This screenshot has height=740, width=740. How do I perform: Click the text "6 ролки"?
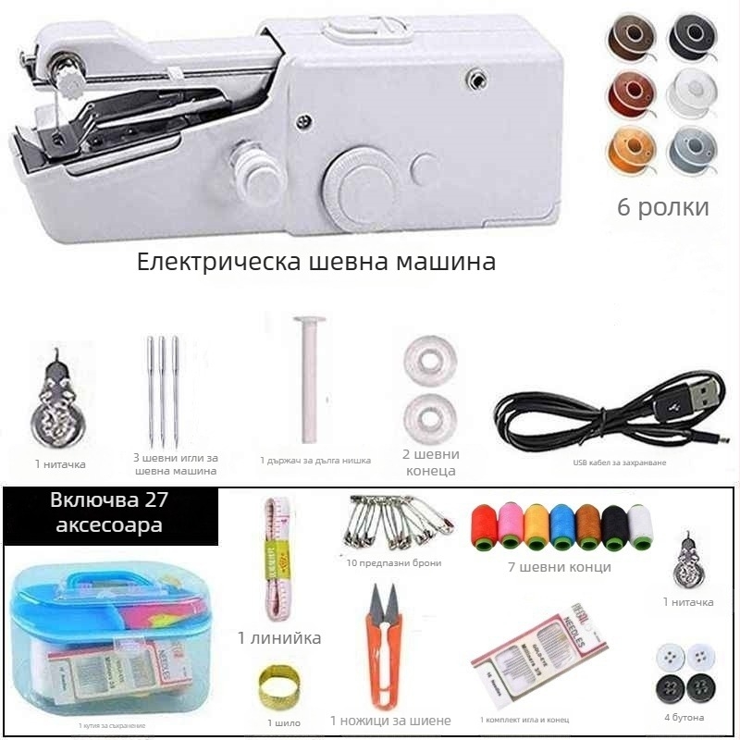pyautogui.click(x=663, y=206)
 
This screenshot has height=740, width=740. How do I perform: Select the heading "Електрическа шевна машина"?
pyautogui.click(x=316, y=262)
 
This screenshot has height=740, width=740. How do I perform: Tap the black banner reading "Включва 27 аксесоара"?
pyautogui.click(x=110, y=515)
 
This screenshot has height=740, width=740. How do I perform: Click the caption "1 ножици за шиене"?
pyautogui.click(x=390, y=721)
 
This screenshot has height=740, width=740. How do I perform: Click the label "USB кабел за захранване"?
pyautogui.click(x=619, y=462)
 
